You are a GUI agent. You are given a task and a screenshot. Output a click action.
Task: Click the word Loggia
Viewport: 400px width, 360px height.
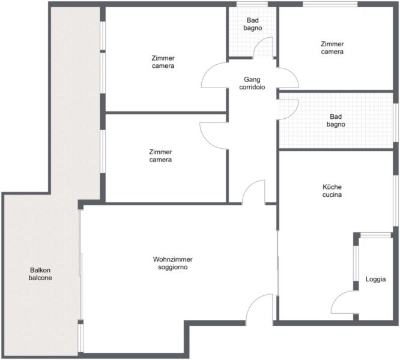click(375, 279)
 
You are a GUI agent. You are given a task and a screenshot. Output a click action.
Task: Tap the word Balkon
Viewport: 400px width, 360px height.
click(40, 270)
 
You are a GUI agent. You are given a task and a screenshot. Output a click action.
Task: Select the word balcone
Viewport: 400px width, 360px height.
click(40, 278)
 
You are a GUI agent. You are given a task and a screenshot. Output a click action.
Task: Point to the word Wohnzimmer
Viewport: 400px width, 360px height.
click(173, 259)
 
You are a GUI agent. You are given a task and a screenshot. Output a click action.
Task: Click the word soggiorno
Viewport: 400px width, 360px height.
click(173, 267)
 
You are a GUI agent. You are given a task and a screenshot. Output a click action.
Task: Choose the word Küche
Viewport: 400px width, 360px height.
click(332, 187)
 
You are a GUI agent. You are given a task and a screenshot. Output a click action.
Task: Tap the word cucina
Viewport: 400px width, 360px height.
click(332, 194)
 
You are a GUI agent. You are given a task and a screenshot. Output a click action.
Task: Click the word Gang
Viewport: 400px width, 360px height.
click(252, 80)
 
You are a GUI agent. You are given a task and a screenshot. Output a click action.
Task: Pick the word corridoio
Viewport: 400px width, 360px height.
click(252, 87)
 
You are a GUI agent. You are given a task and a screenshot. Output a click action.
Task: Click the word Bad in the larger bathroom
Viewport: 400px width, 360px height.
click(336, 116)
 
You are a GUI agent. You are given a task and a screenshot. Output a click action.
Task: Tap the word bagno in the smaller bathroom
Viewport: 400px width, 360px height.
click(252, 28)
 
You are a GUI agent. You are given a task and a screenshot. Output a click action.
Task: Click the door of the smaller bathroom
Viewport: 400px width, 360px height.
click(263, 47)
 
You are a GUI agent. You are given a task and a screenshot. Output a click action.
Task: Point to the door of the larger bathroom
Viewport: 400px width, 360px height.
click(288, 110)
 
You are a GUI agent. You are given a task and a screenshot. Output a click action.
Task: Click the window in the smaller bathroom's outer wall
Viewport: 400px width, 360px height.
click(252, 4)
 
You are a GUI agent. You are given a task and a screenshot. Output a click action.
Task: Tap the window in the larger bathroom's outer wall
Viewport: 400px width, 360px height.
click(396, 122)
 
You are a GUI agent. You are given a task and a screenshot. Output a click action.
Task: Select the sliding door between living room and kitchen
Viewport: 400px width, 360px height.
click(277, 263)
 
